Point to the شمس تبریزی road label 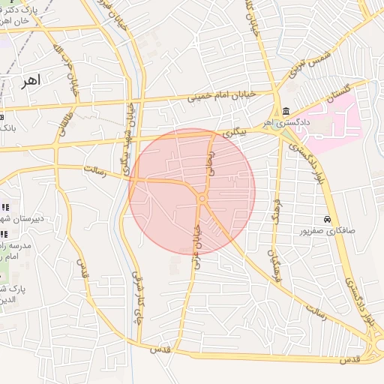(x=309, y=64)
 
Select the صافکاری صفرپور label (x=326, y=231)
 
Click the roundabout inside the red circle (x=202, y=197)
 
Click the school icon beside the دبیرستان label (x=4, y=207)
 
